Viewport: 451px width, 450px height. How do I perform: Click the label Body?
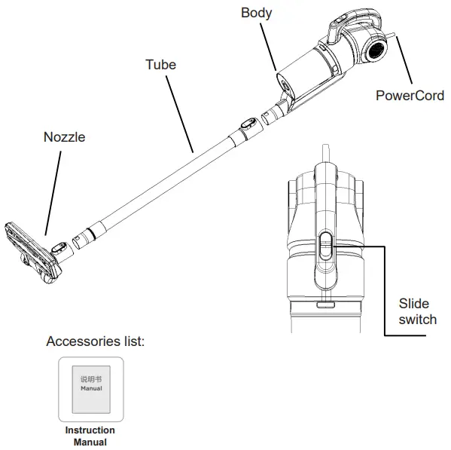tap(257, 13)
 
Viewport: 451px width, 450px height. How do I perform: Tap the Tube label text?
tap(160, 64)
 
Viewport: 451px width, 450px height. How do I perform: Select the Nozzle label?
tap(63, 137)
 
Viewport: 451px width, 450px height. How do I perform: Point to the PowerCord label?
tap(410, 96)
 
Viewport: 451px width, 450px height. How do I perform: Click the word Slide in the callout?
tap(413, 303)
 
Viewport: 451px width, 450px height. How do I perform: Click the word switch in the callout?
tap(417, 319)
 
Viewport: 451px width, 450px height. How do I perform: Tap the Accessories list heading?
tap(95, 341)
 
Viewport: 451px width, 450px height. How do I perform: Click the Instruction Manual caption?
tap(89, 436)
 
